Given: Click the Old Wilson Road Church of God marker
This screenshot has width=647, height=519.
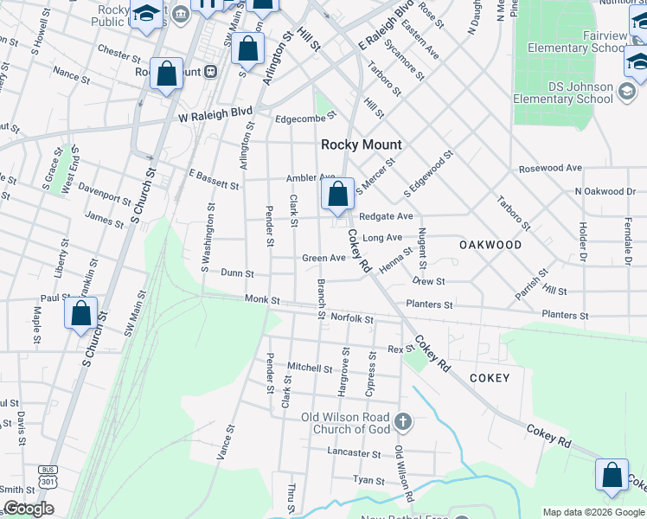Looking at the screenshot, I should tap(401, 422).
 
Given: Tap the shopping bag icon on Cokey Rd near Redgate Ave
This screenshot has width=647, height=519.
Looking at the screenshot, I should tap(338, 195).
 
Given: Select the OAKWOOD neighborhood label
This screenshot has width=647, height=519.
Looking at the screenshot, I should tap(490, 245).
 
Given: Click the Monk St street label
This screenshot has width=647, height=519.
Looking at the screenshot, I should tap(263, 300).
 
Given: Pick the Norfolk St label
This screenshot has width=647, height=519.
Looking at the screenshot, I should tap(351, 318).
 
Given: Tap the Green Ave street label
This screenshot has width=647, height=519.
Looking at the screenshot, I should tap(323, 258).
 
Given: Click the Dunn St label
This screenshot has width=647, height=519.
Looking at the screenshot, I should tap(237, 273).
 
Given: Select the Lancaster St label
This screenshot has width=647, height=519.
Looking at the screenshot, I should tap(354, 452).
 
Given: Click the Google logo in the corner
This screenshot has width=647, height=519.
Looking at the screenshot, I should tap(29, 509).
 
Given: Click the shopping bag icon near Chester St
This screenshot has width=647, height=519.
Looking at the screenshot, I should tap(165, 74).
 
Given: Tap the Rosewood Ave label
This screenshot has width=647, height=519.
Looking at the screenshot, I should tap(550, 168).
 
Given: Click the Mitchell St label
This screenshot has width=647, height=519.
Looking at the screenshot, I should tap(310, 368).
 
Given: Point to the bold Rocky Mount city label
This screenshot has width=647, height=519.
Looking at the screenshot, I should tap(352, 144).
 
